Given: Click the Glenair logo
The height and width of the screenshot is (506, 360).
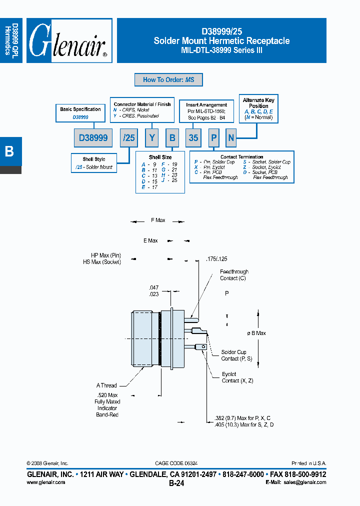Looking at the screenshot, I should (x=69, y=40).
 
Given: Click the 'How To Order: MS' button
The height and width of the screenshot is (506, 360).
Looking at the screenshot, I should (x=168, y=80).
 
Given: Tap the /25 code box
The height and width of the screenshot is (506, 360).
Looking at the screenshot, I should (x=129, y=137).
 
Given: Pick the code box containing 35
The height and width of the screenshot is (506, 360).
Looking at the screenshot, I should (x=193, y=137).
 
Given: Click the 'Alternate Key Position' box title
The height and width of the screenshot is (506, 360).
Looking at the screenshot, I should (x=258, y=103).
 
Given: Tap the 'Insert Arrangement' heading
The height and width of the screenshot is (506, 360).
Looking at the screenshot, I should (x=206, y=105).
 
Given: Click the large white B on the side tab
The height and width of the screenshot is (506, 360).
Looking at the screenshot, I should (x=9, y=151).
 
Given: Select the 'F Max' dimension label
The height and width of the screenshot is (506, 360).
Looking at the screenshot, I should (x=158, y=220).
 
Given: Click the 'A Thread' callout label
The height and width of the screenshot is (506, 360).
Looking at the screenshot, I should (x=106, y=385).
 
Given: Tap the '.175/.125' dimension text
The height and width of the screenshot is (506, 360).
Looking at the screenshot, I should (x=216, y=259).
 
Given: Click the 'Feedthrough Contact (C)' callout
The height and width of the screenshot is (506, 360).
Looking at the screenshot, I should (x=234, y=275).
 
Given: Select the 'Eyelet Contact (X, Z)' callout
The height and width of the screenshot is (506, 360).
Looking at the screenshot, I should (x=237, y=377).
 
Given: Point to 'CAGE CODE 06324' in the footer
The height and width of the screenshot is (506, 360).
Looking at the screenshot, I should (x=172, y=463).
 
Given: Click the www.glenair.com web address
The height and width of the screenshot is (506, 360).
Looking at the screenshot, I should (x=45, y=482).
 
